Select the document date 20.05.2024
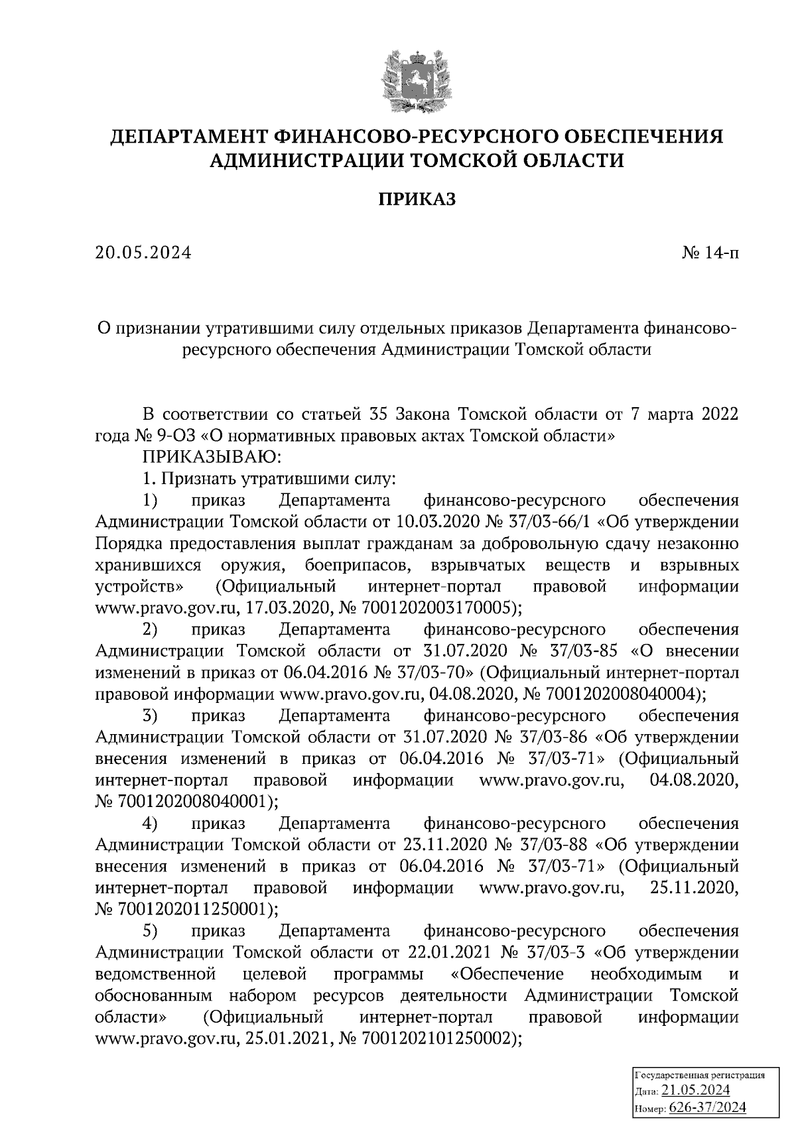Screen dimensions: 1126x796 coord(143,253)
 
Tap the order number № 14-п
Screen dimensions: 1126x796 coord(710,253)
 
